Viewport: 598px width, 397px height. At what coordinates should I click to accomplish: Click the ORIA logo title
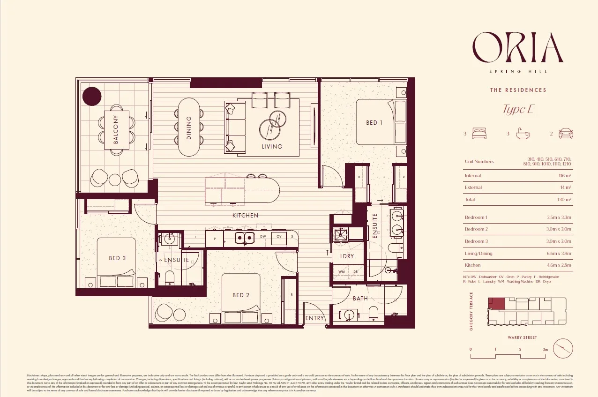tap(517, 47)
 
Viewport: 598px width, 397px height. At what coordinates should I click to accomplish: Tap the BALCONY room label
tap(116, 129)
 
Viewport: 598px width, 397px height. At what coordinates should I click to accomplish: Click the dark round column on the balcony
tap(92, 96)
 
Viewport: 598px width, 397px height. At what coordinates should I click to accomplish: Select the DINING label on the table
tap(189, 128)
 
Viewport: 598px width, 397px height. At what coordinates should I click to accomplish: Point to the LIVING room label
tap(272, 146)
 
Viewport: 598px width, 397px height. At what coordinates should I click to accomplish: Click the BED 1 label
tap(374, 123)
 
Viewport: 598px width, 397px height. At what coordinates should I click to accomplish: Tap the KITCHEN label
tap(245, 215)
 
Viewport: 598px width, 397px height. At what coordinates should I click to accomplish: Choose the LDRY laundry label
tap(347, 256)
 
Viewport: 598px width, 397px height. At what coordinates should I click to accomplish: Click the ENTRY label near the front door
tap(314, 318)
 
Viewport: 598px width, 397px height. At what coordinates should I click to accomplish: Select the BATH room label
tap(360, 298)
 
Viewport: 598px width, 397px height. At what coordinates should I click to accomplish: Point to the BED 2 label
tap(241, 295)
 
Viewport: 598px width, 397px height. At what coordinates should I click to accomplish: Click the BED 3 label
tap(117, 258)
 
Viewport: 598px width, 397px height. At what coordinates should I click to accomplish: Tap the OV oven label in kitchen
tap(278, 237)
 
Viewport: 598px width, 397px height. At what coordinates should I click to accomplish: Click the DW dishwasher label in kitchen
tap(263, 237)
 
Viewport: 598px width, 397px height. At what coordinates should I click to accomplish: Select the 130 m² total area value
tap(564, 199)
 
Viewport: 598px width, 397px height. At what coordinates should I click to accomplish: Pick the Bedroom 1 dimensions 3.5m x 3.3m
tap(559, 217)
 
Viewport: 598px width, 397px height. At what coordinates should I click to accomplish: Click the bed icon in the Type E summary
tap(479, 134)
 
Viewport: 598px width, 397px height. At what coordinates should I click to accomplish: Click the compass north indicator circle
tap(563, 349)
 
